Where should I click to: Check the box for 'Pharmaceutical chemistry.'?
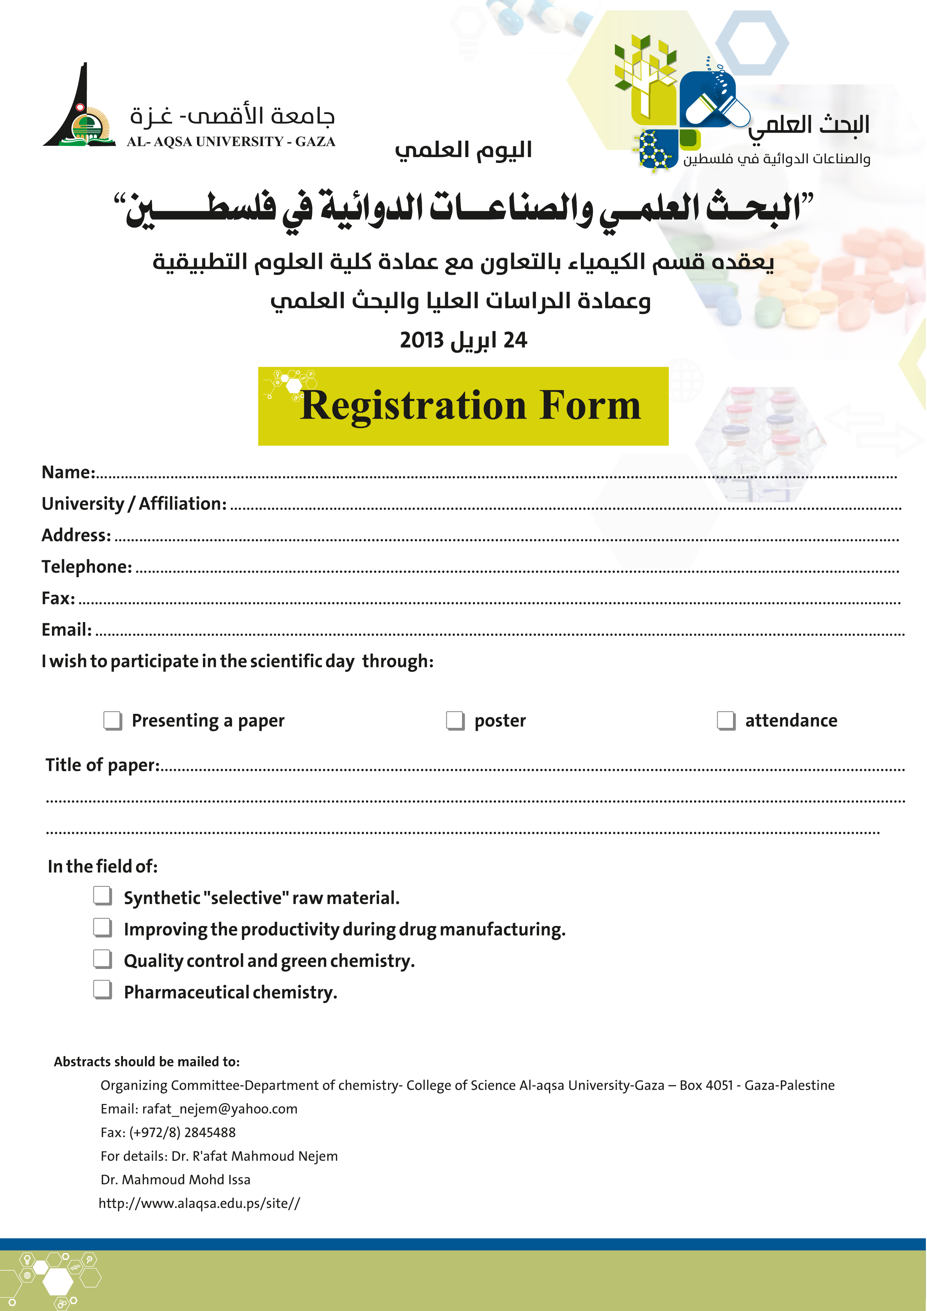[103, 989]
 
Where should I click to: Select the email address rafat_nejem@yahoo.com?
[220, 1109]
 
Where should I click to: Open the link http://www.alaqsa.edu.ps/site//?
[199, 1203]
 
